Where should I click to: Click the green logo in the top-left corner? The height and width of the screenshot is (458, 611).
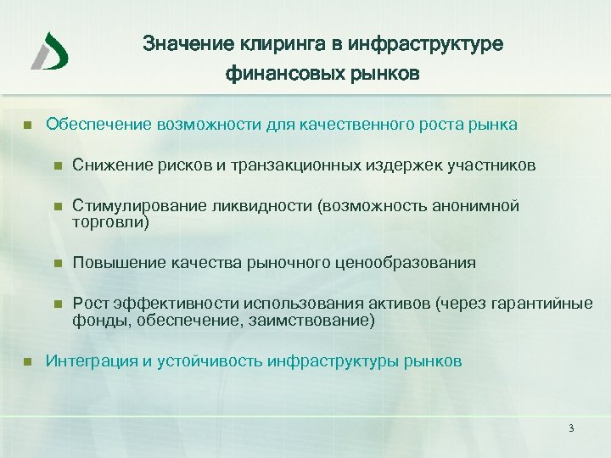coord(50,50)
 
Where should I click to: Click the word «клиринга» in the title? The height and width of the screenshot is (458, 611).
coord(258,43)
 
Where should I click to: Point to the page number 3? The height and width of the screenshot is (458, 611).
coord(571,428)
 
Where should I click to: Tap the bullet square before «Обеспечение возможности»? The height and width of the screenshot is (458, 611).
coord(27,126)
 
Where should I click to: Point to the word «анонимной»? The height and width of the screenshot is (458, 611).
coord(479,206)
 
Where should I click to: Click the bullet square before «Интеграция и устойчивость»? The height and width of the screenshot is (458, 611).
coord(27,361)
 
